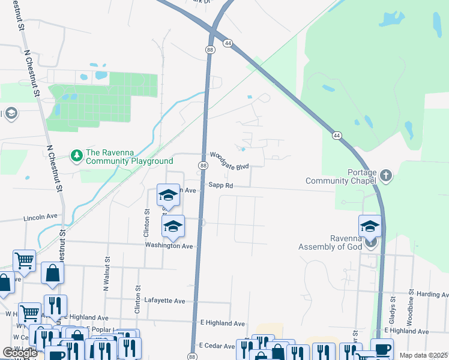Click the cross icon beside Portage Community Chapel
[385, 176]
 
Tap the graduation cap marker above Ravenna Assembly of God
[370, 227]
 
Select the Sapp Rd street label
[220, 186]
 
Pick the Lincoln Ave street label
[40, 217]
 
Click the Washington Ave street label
[168, 246]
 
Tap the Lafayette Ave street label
[164, 301]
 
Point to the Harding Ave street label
[433, 295]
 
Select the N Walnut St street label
[107, 275]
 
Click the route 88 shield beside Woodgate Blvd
[203, 166]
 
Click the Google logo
[20, 353]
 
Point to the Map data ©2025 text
[423, 355]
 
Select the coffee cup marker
[382, 349]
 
